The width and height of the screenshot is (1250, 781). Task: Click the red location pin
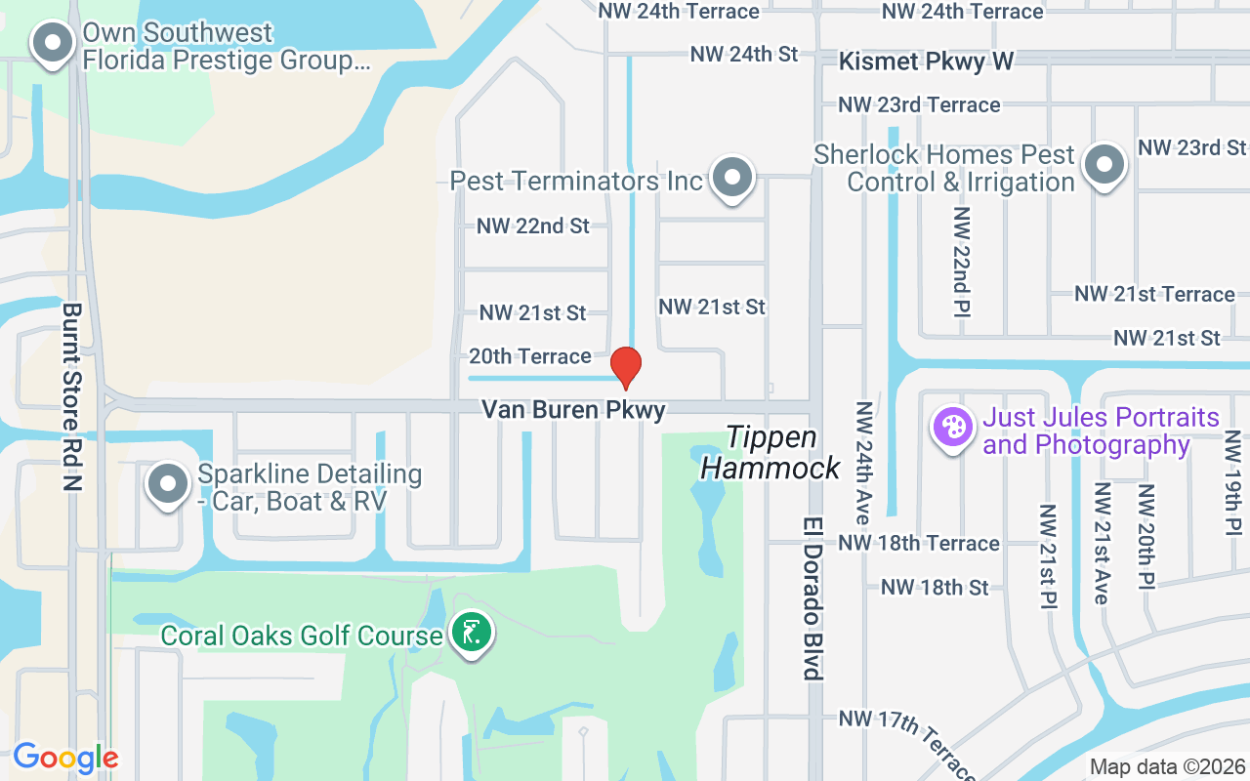pos(625,367)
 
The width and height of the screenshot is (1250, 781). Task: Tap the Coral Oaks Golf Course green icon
pos(472,633)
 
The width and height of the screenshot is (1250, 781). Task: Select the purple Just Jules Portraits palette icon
pos(952,428)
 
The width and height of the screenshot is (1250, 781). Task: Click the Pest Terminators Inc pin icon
pos(730,179)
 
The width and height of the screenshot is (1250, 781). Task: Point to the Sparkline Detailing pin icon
pos(168,484)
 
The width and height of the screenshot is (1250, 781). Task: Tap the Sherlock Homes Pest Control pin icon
pos(1104,165)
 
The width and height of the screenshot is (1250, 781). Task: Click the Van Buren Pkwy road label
pos(573,410)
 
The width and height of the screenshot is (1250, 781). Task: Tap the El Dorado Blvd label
pos(813,598)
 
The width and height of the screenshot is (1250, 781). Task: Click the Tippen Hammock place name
pos(771,452)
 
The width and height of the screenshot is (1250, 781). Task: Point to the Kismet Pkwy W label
pos(927,62)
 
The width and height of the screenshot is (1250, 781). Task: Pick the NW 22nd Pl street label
pos(962,262)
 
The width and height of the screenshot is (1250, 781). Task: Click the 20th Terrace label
pos(530,356)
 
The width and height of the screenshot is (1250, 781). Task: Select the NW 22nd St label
pos(533,226)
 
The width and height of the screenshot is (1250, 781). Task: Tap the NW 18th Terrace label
pos(919,543)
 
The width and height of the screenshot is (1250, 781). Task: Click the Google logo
pos(65,758)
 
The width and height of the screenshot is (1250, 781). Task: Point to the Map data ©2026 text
pos(1167,767)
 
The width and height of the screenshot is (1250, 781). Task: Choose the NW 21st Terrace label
pos(1154,294)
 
